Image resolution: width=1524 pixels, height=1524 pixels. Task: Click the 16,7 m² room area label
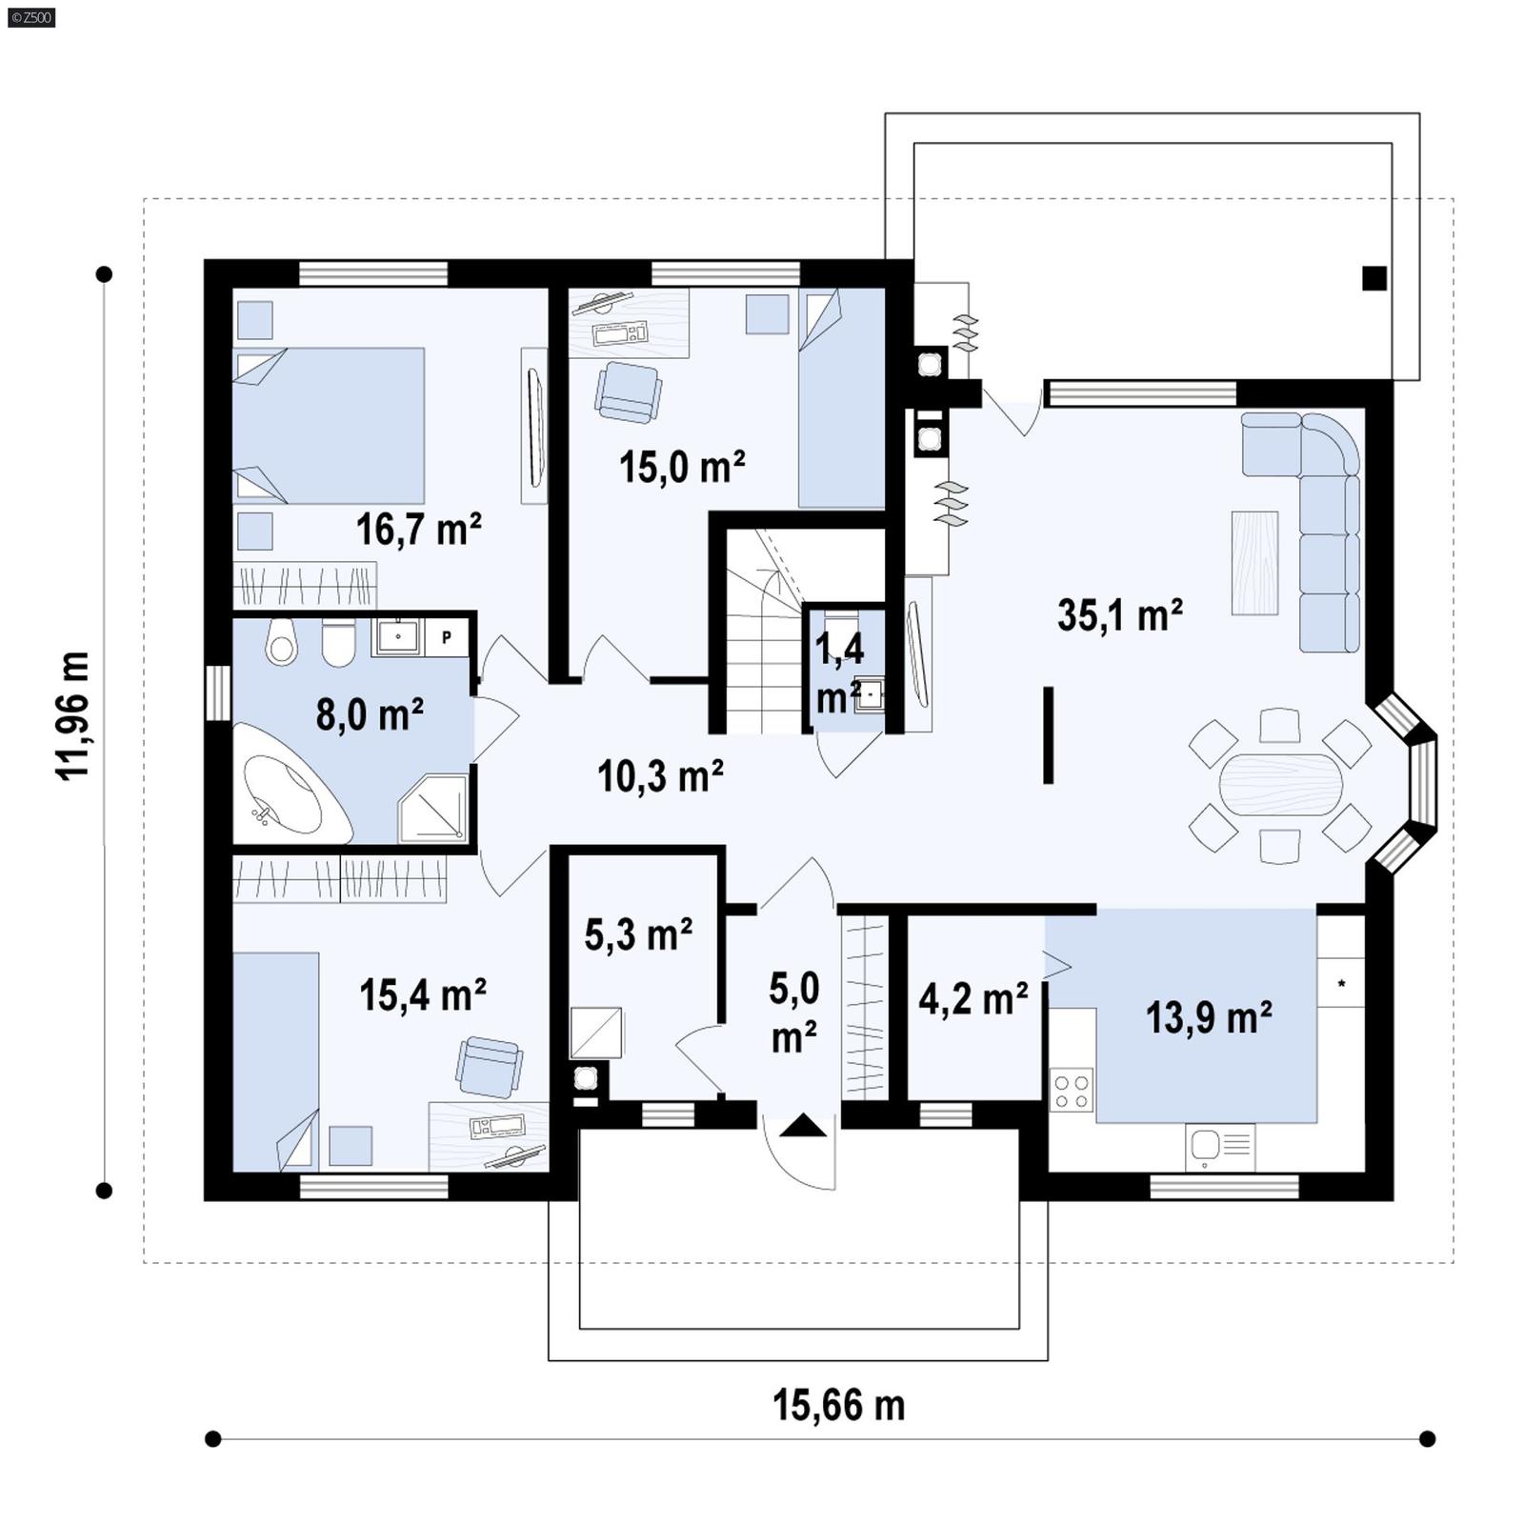pyautogui.click(x=418, y=529)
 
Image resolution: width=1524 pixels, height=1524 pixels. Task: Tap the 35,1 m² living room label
pyautogui.click(x=1119, y=615)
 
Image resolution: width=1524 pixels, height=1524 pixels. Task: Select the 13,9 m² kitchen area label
pyautogui.click(x=1208, y=1018)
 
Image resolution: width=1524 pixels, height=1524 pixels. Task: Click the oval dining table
pyautogui.click(x=1280, y=784)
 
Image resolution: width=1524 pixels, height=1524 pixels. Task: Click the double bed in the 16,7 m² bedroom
pyautogui.click(x=329, y=425)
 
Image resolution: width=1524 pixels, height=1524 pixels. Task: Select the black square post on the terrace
pyautogui.click(x=1374, y=278)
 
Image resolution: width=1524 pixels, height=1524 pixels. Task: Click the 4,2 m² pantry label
pyautogui.click(x=973, y=999)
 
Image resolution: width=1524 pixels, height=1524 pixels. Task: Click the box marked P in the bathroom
pyautogui.click(x=446, y=637)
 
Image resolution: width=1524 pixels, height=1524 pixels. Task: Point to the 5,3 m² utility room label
pyautogui.click(x=637, y=935)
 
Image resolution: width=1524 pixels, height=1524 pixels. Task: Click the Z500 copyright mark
pyautogui.click(x=30, y=17)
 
